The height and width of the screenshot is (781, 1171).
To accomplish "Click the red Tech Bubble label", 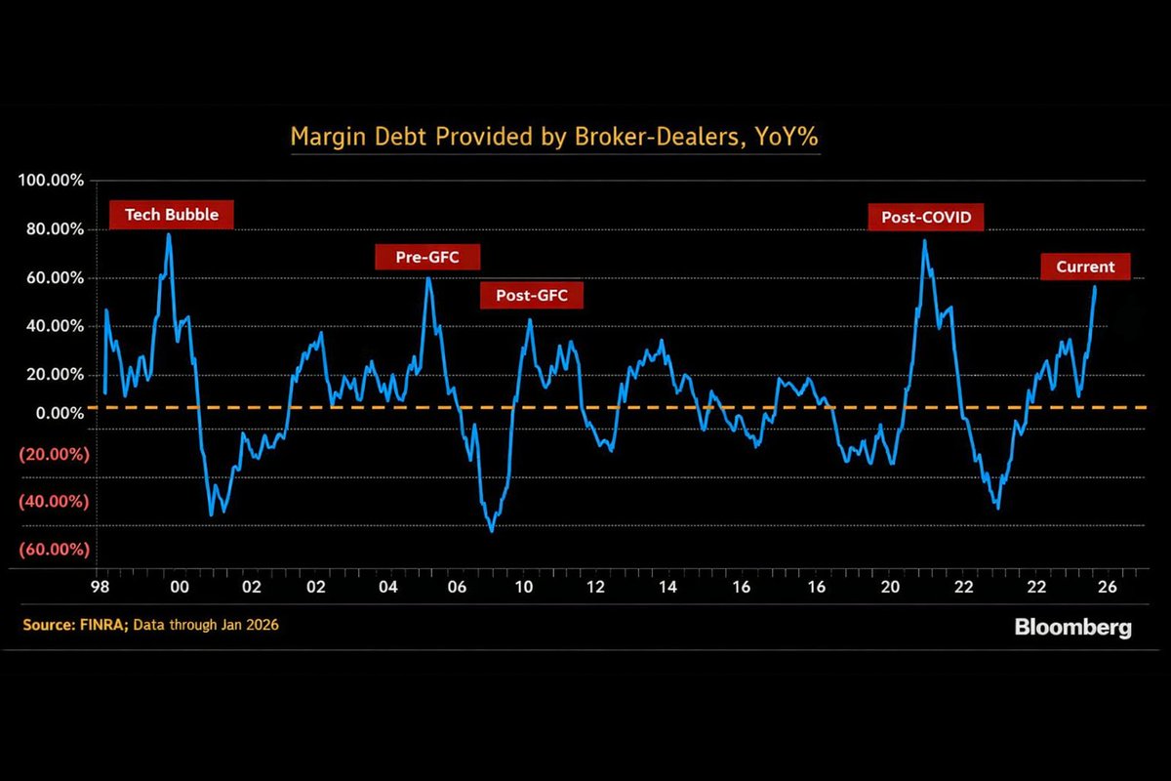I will pos(171,215).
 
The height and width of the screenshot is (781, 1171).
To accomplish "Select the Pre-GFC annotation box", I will pos(429,258).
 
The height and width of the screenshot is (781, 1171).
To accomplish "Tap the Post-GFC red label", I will pos(531,296).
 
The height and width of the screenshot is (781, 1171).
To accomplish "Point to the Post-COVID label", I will pos(926,218).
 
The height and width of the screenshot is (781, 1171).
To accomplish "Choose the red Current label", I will pos(1085,267).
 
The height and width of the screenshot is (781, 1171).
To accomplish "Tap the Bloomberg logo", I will pos(1072,627).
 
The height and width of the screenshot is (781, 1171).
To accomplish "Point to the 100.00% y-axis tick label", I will pos(52,182).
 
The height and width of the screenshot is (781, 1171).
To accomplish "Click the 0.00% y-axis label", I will pos(60,414).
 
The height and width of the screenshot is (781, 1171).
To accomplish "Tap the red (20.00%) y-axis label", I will pos(54,454).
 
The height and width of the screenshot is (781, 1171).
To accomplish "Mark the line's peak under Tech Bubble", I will pos(169,234).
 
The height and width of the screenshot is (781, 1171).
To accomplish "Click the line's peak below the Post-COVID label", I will pos(924,240).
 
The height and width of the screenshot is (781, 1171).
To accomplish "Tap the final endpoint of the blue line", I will pos(1095,287).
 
